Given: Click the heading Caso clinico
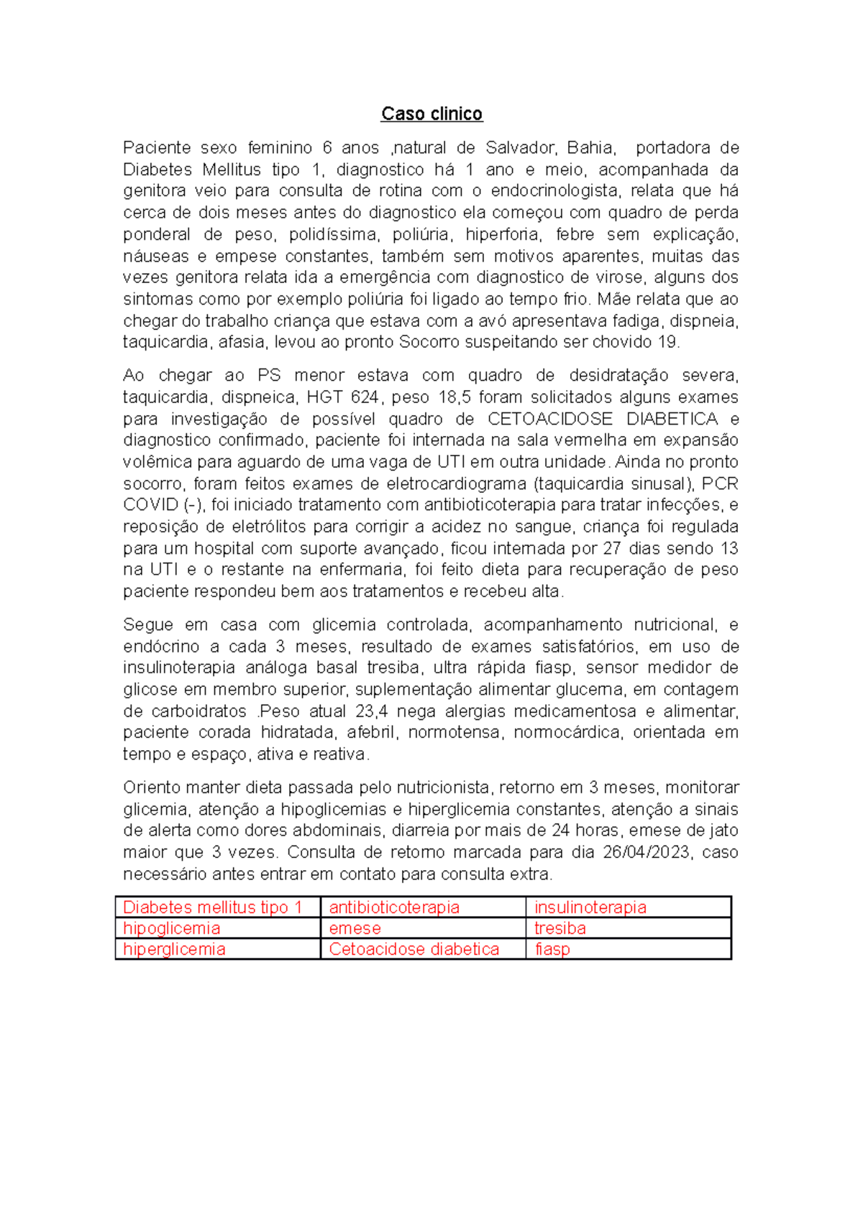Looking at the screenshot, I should click(431, 114).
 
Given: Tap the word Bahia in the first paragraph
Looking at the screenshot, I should click(590, 148).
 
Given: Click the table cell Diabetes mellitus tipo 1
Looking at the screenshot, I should click(213, 907).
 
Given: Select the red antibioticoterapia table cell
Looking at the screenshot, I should click(394, 907).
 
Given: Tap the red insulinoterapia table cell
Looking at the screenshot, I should click(590, 907).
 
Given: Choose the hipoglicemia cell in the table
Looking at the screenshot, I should click(172, 928).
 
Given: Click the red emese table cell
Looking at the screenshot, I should click(355, 928).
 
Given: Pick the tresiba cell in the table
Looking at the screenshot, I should click(560, 928).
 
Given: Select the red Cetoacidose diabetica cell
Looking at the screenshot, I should click(414, 949).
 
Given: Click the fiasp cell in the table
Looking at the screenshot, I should click(552, 949).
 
